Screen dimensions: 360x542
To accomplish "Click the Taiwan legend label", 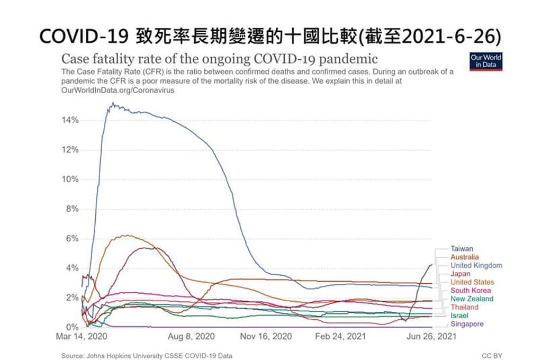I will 462,248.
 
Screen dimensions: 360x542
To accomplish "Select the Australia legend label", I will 464,257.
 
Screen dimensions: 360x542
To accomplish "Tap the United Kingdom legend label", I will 476,265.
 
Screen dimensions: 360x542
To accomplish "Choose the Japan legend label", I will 460,274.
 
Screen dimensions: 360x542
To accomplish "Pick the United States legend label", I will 472,282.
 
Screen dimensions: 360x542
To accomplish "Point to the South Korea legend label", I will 470,290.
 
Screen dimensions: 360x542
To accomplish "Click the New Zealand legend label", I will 472,299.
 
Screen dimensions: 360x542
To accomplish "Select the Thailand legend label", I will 464,307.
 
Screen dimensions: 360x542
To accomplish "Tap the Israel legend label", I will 459,316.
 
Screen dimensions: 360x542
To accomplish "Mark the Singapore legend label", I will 467,324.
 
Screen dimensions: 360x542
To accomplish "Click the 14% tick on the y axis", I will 70,120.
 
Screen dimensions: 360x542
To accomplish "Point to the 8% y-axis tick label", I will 72,209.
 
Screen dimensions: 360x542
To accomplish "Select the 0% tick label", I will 72,327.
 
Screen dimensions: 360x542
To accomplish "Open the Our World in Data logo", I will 485,61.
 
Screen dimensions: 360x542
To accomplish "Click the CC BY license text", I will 492,356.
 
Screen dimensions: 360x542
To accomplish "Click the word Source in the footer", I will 72,356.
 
